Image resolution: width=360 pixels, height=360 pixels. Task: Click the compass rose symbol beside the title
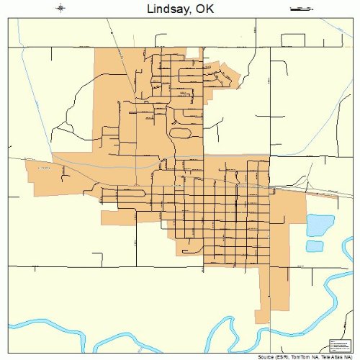pyautogui.click(x=60, y=9)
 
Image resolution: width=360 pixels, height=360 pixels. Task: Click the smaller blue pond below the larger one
pyautogui.click(x=314, y=246)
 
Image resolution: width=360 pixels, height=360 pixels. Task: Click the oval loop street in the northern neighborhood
pyautogui.click(x=179, y=132)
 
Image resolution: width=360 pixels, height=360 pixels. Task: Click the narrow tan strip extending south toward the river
pyautogui.click(x=264, y=302)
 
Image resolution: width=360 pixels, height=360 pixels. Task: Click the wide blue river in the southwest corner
pyautogui.click(x=43, y=322)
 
